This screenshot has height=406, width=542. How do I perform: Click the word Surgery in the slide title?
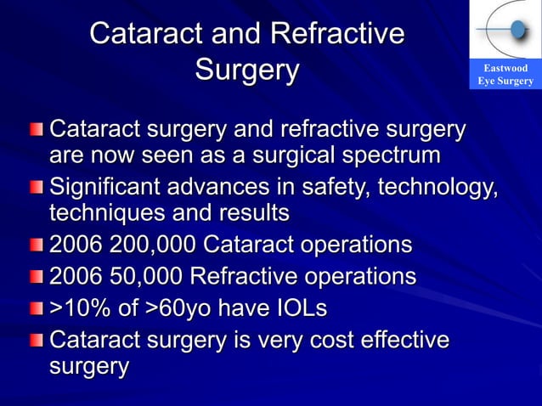(246, 70)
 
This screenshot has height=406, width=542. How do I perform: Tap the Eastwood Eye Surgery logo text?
(505, 75)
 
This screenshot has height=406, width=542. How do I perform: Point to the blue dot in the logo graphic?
(517, 31)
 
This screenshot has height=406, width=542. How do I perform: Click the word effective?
(399, 339)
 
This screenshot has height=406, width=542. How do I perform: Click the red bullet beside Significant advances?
(35, 186)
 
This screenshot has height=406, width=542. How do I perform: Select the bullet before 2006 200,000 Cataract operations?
(35, 247)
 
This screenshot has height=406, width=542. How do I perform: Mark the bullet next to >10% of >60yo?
(35, 309)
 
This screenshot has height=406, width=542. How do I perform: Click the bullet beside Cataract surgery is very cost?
(35, 341)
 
